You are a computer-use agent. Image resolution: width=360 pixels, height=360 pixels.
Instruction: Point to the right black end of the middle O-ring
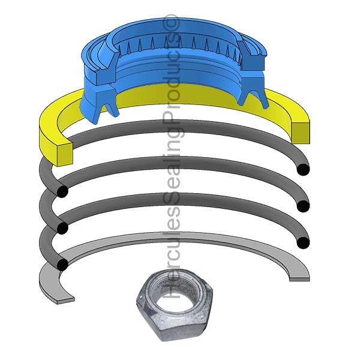tap(304, 206)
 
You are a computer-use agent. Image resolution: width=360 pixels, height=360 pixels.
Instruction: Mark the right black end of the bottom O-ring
tap(304, 242)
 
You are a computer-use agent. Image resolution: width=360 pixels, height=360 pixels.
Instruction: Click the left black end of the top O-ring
tap(61, 191)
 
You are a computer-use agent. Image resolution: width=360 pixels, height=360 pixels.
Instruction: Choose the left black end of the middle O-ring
tap(61, 228)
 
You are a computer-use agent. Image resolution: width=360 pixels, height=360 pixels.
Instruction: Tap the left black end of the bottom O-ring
tap(61, 265)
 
